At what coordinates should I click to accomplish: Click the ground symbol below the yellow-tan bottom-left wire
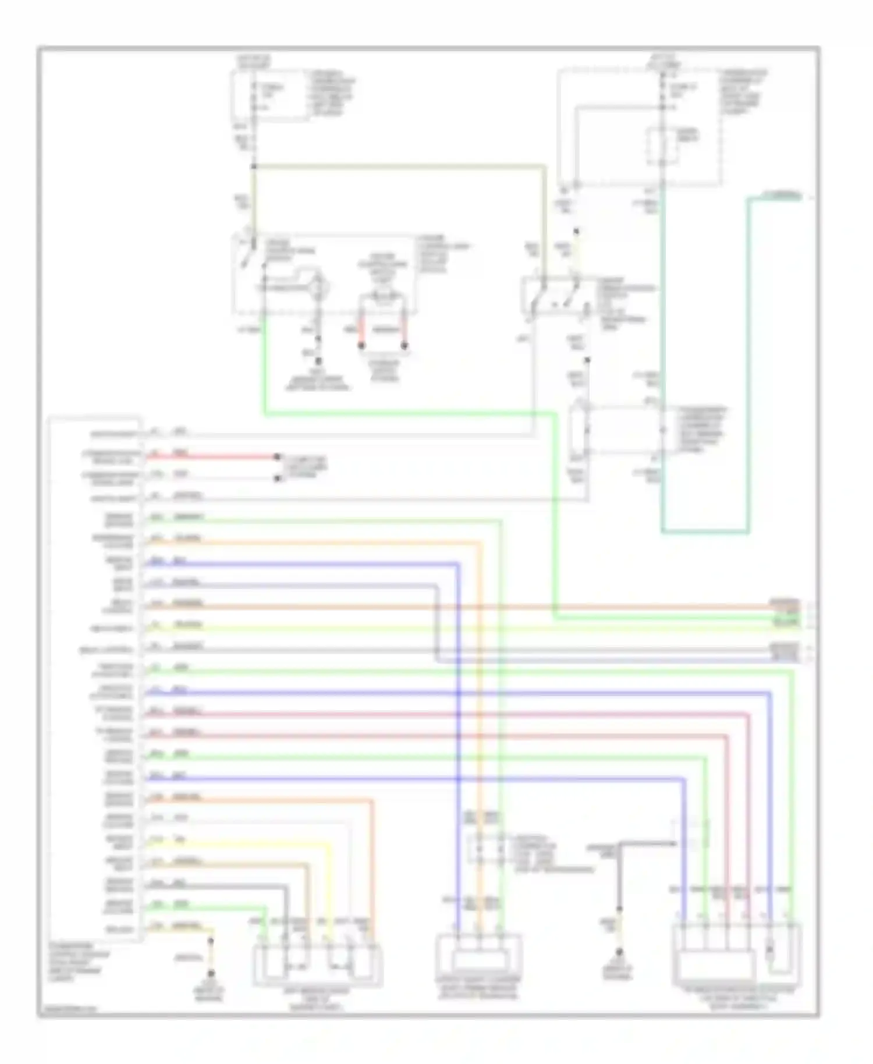tap(211, 974)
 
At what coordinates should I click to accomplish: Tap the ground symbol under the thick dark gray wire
tap(619, 953)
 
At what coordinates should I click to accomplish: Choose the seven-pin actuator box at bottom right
tap(736, 953)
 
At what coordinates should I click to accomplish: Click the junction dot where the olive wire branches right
tap(254, 167)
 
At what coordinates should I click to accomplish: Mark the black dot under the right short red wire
tap(404, 346)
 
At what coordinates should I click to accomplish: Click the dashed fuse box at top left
tap(271, 97)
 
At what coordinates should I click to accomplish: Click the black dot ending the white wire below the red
tap(277, 480)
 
